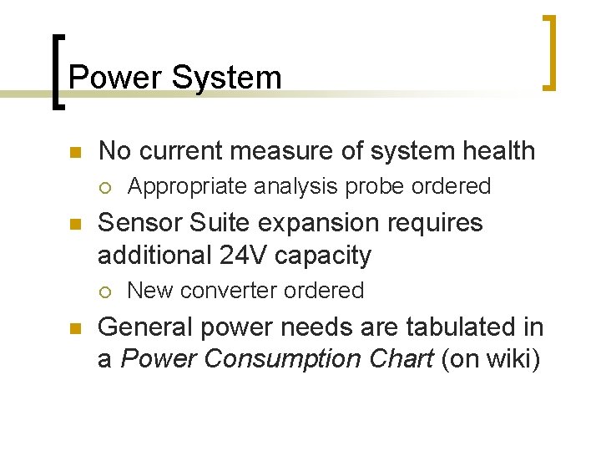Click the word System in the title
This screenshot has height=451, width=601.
point(226,78)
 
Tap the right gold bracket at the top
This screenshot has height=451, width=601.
point(549,52)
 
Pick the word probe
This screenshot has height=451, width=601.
point(375,186)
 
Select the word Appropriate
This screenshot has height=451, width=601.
point(176,187)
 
